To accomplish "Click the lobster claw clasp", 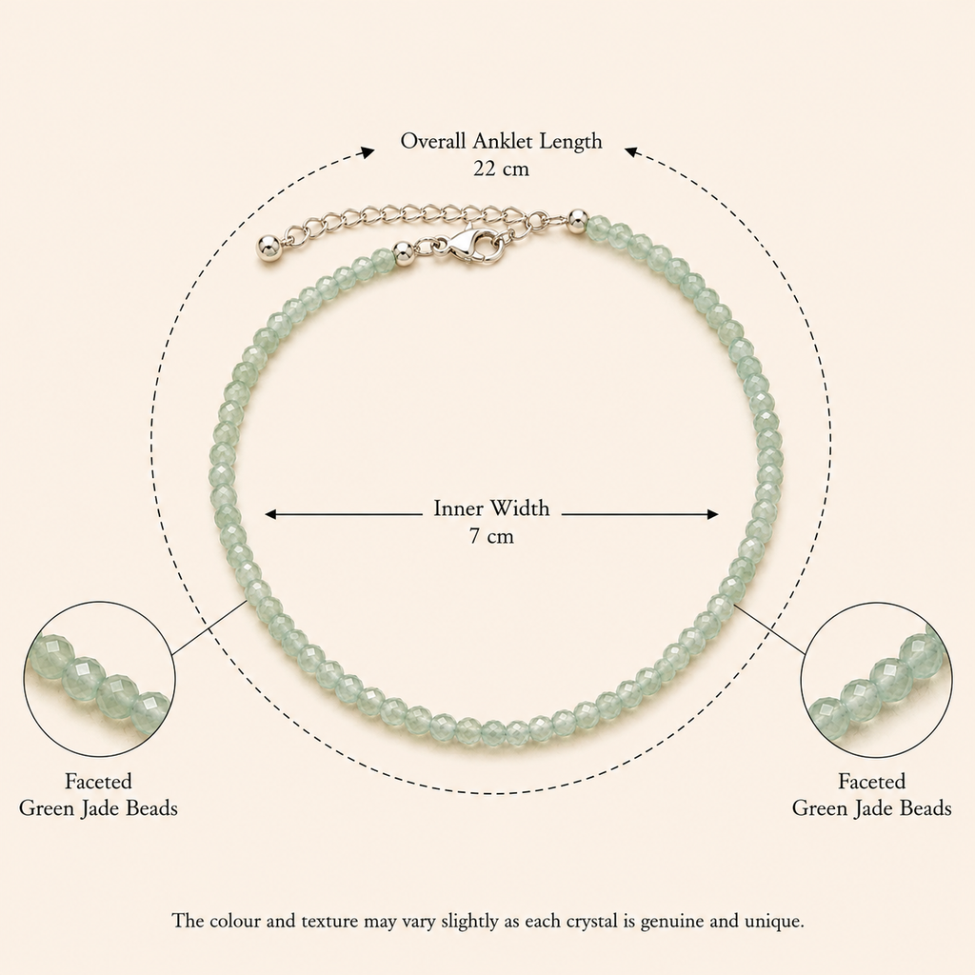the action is [x=471, y=245].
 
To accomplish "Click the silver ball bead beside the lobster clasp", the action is [x=404, y=253].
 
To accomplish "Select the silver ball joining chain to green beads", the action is [x=577, y=219].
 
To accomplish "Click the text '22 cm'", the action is [x=501, y=169].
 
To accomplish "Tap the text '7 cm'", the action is [x=492, y=536].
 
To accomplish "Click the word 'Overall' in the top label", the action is [x=433, y=141].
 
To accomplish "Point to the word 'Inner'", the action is [x=458, y=508].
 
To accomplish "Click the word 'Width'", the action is [x=520, y=508].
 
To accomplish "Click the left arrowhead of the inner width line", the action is [x=271, y=514].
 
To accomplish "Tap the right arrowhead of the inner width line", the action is [x=712, y=514].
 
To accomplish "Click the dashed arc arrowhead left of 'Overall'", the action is [x=368, y=151].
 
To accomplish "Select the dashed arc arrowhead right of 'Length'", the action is [x=631, y=151].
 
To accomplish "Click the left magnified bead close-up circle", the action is [x=99, y=603].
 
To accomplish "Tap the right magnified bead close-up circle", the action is [x=876, y=603].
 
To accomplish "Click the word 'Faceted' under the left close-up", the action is [x=98, y=781].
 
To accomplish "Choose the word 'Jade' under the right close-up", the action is [x=872, y=808].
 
